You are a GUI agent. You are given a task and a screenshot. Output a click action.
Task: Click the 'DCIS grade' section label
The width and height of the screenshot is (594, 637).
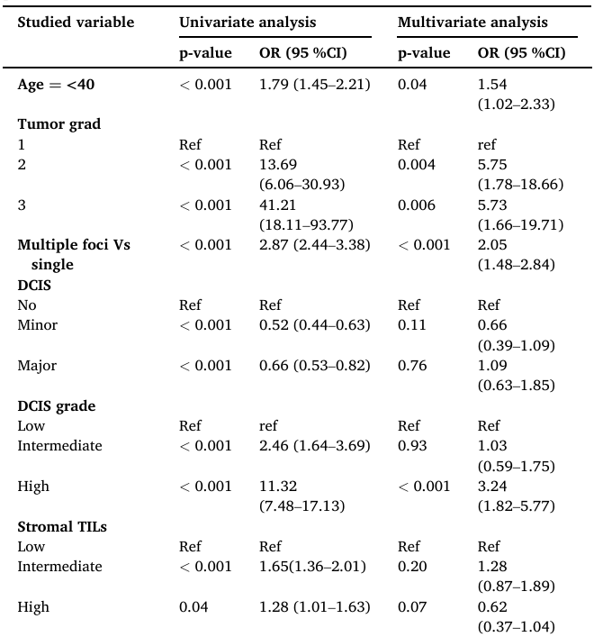coord(57,405)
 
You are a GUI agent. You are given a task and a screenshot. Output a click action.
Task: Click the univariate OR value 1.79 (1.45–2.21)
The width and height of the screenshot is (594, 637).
coord(314,85)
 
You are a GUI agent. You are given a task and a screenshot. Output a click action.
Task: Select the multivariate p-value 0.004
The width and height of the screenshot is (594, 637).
coord(417,165)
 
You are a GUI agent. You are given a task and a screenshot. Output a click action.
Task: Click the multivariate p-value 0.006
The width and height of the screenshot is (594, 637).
coord(417,205)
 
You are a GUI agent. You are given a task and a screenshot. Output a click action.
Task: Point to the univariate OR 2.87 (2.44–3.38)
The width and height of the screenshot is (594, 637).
coord(314,245)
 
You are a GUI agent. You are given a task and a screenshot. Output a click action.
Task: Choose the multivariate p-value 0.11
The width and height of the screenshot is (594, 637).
coord(411,325)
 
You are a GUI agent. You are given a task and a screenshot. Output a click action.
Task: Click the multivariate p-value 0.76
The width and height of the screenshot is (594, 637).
coord(411,366)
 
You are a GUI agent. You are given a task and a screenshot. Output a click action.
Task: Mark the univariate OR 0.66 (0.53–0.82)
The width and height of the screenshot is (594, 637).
coord(314,366)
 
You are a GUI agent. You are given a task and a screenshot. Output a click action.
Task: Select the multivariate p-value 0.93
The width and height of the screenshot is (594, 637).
coord(411,446)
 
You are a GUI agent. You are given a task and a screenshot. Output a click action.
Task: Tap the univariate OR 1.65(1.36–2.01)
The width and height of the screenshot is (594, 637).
coord(312,567)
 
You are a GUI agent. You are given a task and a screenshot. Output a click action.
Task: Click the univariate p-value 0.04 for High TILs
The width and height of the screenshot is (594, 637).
coord(193,607)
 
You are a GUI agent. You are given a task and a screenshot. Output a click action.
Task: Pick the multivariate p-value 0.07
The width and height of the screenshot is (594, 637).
coord(411,607)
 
